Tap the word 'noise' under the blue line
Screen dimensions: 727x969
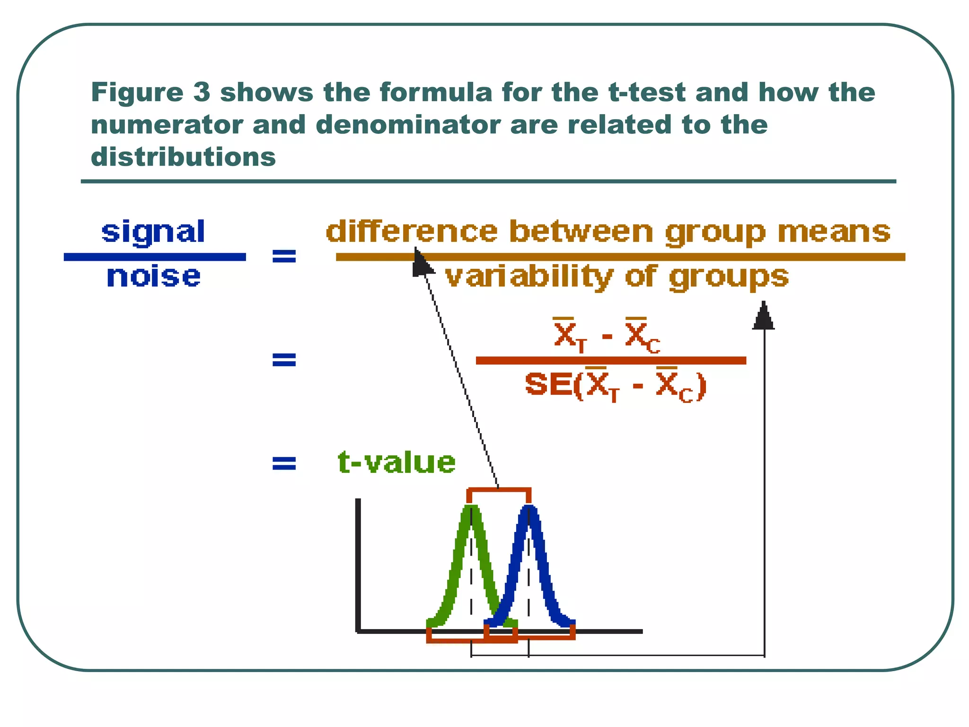(x=153, y=276)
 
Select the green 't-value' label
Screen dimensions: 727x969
(x=396, y=462)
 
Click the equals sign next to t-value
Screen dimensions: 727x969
(x=284, y=463)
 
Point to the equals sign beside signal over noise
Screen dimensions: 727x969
(x=284, y=257)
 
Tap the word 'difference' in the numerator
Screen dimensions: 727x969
(x=412, y=232)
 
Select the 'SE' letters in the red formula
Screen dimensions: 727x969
(x=548, y=384)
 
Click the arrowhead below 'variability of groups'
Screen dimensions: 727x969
(x=763, y=316)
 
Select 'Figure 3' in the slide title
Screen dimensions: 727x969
(x=150, y=92)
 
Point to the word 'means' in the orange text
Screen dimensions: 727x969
(x=834, y=232)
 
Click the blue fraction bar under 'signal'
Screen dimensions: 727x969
(x=155, y=257)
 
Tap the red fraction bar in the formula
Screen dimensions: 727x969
(x=610, y=361)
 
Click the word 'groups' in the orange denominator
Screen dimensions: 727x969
(x=729, y=277)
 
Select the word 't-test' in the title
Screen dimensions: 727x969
(x=646, y=92)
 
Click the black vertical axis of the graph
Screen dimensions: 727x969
(x=358, y=563)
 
